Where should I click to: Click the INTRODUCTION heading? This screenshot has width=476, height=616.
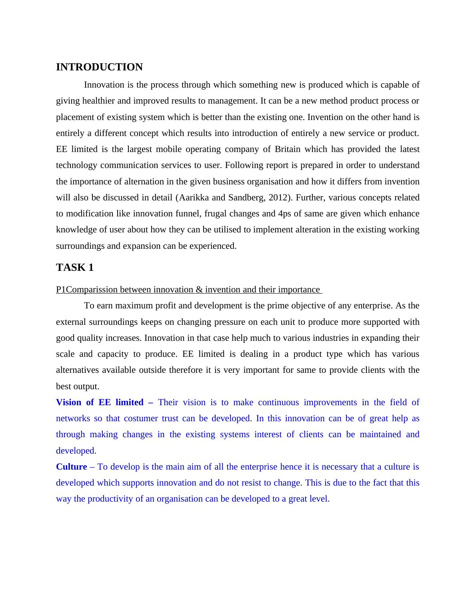[x=99, y=67]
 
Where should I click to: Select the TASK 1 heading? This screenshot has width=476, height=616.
[x=75, y=268]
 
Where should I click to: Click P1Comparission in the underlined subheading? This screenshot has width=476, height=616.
[x=87, y=290]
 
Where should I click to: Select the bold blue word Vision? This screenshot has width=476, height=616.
[x=68, y=402]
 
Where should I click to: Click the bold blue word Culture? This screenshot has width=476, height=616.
[x=71, y=467]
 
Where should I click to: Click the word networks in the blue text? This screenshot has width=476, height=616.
[x=73, y=418]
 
